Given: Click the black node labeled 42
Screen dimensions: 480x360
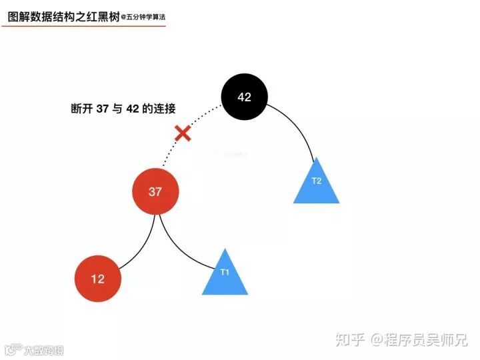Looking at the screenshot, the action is coord(245,97).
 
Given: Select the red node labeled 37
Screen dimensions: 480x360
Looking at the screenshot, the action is coord(155,192).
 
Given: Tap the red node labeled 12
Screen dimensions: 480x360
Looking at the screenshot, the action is coord(98,279).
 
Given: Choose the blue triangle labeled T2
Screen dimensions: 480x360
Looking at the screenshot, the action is coord(317,184).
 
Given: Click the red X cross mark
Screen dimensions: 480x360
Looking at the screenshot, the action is coord(183,133).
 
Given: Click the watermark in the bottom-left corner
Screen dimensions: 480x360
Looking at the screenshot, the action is coord(33,349).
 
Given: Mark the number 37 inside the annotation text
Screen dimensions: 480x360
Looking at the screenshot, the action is coord(102,109).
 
